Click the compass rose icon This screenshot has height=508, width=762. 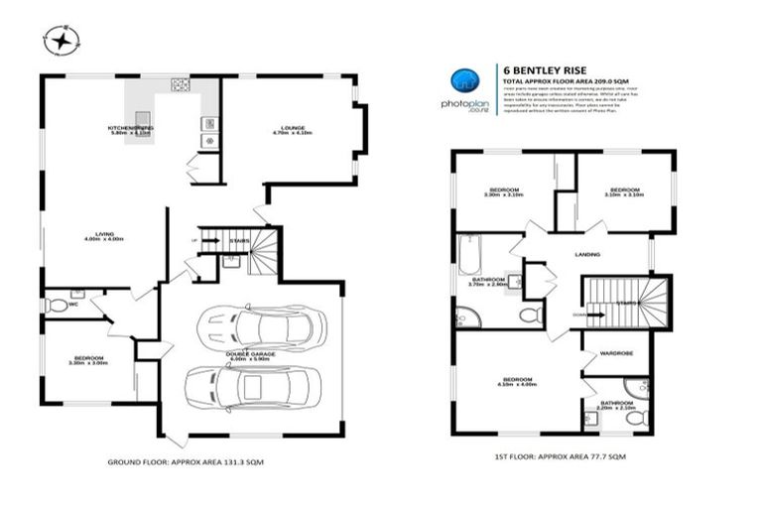click(x=62, y=42)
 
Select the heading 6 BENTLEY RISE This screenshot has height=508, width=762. click(x=535, y=68)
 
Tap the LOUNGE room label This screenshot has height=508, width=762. click(x=292, y=129)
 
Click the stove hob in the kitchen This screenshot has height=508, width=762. click(x=181, y=85)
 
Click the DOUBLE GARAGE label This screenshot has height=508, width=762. click(x=251, y=354)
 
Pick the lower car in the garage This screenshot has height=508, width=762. click(x=253, y=387)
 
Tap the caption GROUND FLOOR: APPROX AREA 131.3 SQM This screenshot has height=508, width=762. click(x=185, y=462)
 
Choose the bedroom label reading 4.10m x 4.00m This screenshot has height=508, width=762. click(x=518, y=382)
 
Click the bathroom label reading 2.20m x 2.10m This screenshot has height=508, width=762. click(x=616, y=405)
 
